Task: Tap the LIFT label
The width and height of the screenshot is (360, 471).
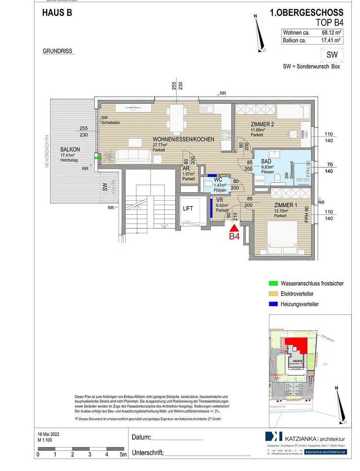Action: click(x=187, y=209)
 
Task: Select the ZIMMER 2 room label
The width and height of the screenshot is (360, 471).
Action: click(x=262, y=124)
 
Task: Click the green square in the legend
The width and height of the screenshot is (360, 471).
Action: click(x=273, y=283)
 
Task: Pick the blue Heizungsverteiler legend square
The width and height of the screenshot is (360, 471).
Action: click(x=273, y=304)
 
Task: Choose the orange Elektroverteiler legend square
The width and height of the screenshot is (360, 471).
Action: click(x=273, y=294)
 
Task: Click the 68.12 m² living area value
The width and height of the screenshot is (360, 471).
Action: click(x=330, y=33)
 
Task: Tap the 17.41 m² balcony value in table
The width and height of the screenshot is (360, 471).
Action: click(x=330, y=41)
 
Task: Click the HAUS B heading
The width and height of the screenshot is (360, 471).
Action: click(x=57, y=13)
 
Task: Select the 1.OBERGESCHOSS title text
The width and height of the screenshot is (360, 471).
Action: click(x=306, y=13)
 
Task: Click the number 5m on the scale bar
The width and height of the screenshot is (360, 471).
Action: click(x=123, y=454)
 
